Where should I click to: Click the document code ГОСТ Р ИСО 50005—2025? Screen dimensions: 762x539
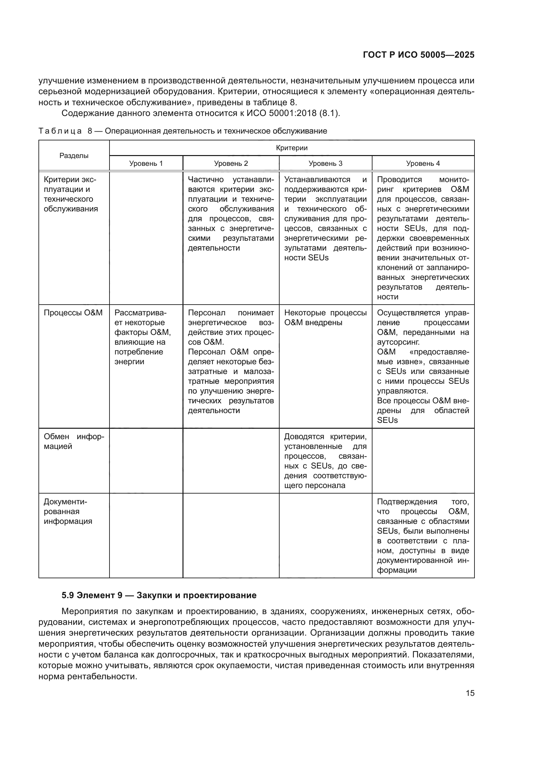(x=418, y=55)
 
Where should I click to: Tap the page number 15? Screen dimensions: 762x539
(x=470, y=693)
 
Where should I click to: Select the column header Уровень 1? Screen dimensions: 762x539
(x=146, y=163)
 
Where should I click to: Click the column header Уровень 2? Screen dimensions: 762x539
(x=231, y=163)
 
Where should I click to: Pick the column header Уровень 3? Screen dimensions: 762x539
(x=325, y=163)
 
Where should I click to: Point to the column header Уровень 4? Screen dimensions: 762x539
(x=423, y=163)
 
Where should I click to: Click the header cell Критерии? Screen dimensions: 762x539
(x=292, y=148)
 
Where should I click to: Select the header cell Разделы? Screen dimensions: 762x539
(x=74, y=156)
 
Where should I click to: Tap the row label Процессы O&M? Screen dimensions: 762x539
(x=73, y=313)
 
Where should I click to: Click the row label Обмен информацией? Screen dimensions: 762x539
(x=74, y=441)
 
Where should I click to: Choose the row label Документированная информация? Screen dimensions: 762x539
(x=68, y=511)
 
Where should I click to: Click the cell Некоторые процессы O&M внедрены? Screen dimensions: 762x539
(x=325, y=318)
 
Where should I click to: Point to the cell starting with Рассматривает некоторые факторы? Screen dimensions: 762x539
(x=142, y=337)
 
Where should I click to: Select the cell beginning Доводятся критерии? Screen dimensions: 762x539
(x=325, y=461)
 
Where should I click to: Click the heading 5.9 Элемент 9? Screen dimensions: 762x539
(x=159, y=596)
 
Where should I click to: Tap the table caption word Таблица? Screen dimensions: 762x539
(x=60, y=131)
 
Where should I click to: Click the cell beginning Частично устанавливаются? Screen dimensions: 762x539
(x=231, y=214)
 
